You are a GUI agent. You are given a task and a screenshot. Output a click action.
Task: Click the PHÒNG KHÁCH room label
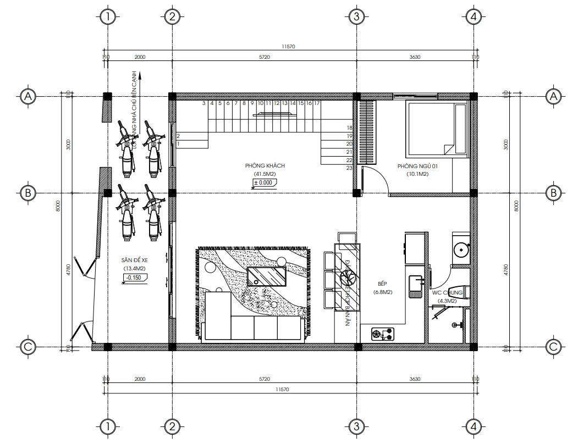(265, 165)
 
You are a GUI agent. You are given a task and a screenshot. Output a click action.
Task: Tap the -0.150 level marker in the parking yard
(133, 277)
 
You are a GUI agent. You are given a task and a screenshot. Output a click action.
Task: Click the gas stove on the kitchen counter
(383, 332)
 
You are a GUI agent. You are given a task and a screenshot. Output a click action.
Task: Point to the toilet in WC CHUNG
(459, 292)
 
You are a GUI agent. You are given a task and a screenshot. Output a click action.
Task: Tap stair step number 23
(349, 168)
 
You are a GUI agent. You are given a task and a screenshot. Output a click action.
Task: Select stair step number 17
(317, 103)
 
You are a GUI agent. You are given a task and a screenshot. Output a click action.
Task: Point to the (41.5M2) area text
(265, 174)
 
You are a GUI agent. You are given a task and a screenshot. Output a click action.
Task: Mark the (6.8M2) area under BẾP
(382, 292)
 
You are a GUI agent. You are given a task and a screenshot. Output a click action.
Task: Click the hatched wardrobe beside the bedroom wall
(366, 131)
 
